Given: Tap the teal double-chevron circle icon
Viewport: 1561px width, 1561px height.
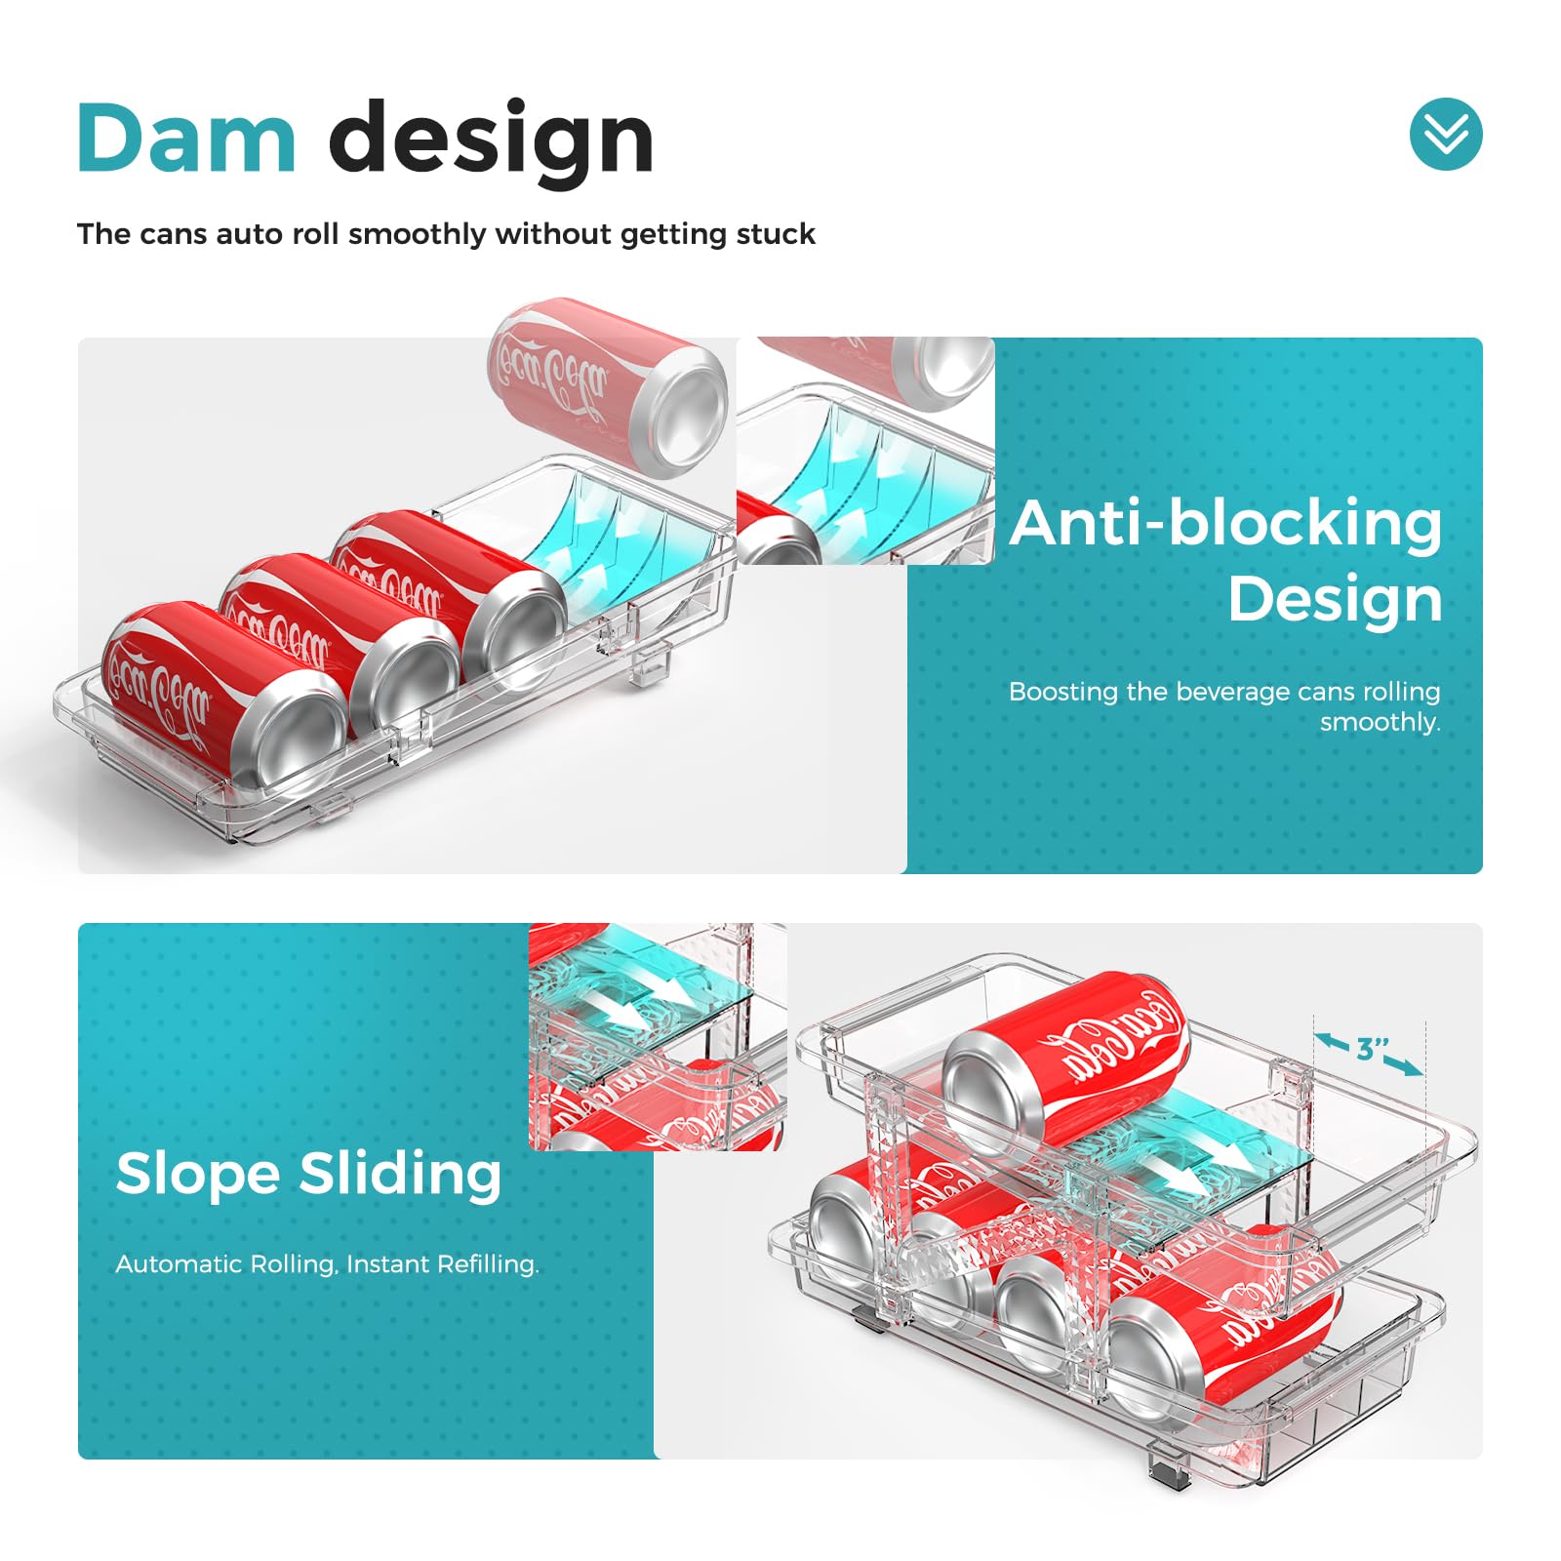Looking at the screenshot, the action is pos(1446,134).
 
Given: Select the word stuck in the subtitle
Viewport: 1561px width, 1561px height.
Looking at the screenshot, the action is pos(776,234).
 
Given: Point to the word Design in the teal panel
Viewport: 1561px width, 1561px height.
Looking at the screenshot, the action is pos(1335,599).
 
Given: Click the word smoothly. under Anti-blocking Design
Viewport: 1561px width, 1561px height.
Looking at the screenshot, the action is pos(1380,722).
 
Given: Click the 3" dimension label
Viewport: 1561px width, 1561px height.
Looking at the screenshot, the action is pos(1373,1050).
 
